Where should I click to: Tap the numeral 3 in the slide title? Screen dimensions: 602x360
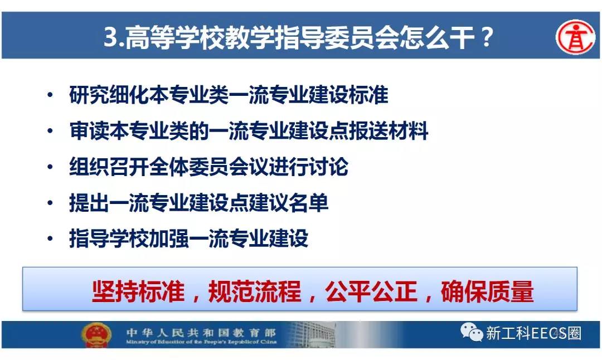tap(111, 37)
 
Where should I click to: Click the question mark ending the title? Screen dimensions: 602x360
tap(487, 37)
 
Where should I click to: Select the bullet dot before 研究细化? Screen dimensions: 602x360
tap(50, 94)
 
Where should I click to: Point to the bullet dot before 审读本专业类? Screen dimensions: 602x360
tap(50, 130)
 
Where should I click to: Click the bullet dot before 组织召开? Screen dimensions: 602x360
tap(50, 167)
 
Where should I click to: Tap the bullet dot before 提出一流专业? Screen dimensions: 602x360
tap(50, 202)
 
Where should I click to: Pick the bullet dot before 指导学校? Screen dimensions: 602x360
tap(50, 239)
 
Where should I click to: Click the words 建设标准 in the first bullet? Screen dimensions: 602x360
tap(348, 95)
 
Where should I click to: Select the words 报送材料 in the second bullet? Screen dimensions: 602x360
tap(388, 130)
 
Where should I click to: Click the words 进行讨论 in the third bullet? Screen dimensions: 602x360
tap(309, 167)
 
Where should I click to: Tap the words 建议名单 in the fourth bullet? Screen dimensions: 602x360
tap(289, 202)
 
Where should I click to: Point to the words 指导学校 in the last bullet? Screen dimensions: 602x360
tap(109, 239)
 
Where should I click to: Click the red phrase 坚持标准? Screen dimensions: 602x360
tap(139, 291)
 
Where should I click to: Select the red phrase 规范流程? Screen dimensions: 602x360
tap(255, 291)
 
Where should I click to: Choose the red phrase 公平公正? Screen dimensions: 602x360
tap(371, 291)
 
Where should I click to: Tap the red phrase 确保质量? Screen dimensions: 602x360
tap(487, 291)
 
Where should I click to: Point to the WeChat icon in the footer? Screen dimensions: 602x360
tap(472, 332)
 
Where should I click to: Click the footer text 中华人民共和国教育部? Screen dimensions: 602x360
tap(201, 332)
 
